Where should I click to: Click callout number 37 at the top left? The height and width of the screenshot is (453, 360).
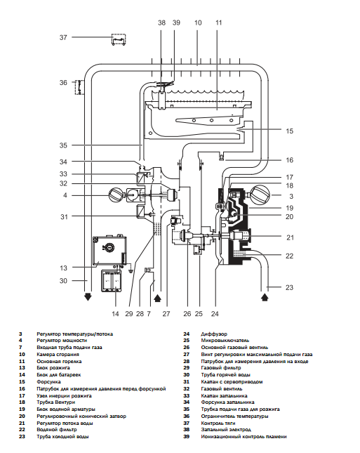pyautogui.click(x=63, y=37)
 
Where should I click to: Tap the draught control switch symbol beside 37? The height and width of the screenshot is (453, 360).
pyautogui.click(x=119, y=39)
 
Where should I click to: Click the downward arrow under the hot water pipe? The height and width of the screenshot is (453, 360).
pyautogui.click(x=88, y=296)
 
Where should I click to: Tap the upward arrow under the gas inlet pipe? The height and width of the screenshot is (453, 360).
pyautogui.click(x=157, y=298)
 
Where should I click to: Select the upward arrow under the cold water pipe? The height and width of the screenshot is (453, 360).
pyautogui.click(x=265, y=297)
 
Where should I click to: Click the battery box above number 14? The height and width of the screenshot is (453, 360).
pyautogui.click(x=111, y=281)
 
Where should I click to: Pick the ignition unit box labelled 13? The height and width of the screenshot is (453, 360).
pyautogui.click(x=109, y=251)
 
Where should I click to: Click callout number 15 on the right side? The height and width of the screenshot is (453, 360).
pyautogui.click(x=289, y=131)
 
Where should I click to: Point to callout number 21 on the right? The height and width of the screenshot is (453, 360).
pyautogui.click(x=290, y=237)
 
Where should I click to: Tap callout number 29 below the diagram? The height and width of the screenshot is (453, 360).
pyautogui.click(x=128, y=314)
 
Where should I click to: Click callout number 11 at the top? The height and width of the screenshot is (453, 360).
pyautogui.click(x=218, y=22)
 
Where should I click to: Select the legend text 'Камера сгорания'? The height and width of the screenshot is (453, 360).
pyautogui.click(x=58, y=355)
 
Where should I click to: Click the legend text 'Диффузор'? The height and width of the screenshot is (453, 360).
pyautogui.click(x=214, y=334)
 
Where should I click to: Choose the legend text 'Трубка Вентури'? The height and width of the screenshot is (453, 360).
pyautogui.click(x=55, y=402)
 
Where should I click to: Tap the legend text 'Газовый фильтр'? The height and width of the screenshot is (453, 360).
pyautogui.click(x=221, y=368)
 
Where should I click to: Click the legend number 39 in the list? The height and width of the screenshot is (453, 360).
pyautogui.click(x=187, y=437)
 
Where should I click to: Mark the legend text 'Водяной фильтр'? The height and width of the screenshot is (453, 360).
pyautogui.click(x=57, y=430)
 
